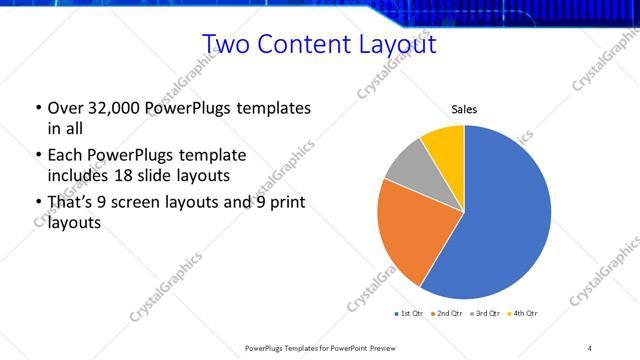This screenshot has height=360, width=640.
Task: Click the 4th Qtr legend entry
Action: tap(523, 314)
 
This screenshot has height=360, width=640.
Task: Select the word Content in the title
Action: tap(304, 45)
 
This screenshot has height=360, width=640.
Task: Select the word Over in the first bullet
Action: tap(64, 108)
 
